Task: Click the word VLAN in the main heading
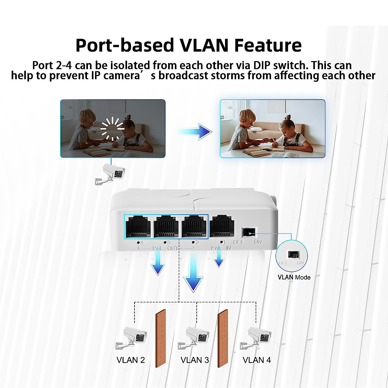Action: click(204, 45)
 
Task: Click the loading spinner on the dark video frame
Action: click(112, 128)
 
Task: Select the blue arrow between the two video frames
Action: click(195, 132)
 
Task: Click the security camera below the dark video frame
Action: click(110, 174)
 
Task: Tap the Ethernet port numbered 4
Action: click(138, 227)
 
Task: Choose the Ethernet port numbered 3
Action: click(166, 227)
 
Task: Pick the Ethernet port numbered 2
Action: click(194, 227)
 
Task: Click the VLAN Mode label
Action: click(294, 277)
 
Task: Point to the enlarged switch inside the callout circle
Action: click(294, 254)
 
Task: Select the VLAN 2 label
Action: click(131, 360)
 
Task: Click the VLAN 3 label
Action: click(195, 360)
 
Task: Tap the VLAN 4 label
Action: click(257, 360)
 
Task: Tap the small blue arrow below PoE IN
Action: click(219, 260)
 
